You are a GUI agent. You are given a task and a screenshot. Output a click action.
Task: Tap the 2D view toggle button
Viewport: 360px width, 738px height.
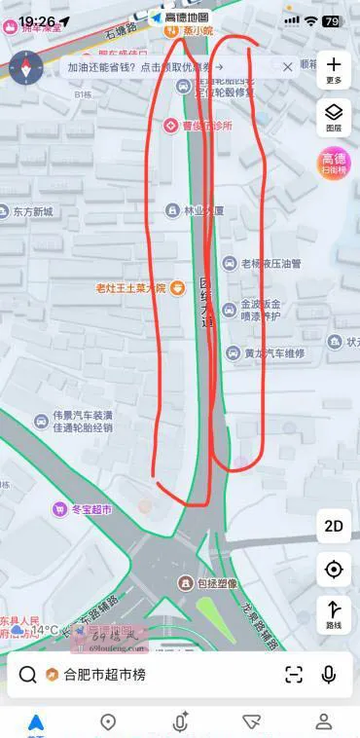(x=334, y=526)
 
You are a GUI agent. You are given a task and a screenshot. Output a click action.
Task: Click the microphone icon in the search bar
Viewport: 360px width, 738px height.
(x=329, y=674)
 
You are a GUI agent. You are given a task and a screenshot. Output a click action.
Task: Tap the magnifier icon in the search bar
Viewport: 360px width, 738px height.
(x=28, y=675)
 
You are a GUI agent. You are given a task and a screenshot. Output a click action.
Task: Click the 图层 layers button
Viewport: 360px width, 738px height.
(x=334, y=116)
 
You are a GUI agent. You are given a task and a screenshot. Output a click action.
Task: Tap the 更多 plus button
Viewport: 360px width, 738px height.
(x=334, y=69)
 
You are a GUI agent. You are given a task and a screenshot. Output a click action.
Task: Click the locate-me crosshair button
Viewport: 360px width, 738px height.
(x=334, y=570)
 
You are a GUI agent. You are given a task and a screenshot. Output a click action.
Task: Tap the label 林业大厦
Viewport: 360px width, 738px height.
(x=203, y=210)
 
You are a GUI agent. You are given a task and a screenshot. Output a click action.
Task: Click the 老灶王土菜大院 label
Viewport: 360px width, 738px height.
(x=131, y=287)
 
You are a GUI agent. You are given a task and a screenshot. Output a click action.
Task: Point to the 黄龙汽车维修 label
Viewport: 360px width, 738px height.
(x=273, y=353)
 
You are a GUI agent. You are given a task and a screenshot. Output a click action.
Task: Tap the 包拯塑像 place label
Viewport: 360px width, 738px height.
(x=214, y=583)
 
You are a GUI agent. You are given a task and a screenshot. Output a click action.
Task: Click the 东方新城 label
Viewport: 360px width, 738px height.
(x=32, y=211)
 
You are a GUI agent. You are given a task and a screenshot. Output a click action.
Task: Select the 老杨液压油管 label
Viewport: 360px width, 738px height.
(x=270, y=263)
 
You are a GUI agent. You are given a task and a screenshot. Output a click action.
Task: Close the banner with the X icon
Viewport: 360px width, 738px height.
(x=288, y=67)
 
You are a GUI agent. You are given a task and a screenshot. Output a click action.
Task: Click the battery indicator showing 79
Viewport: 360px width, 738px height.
(x=331, y=20)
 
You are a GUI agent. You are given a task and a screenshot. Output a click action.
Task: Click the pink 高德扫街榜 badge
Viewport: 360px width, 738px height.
(x=334, y=163)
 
